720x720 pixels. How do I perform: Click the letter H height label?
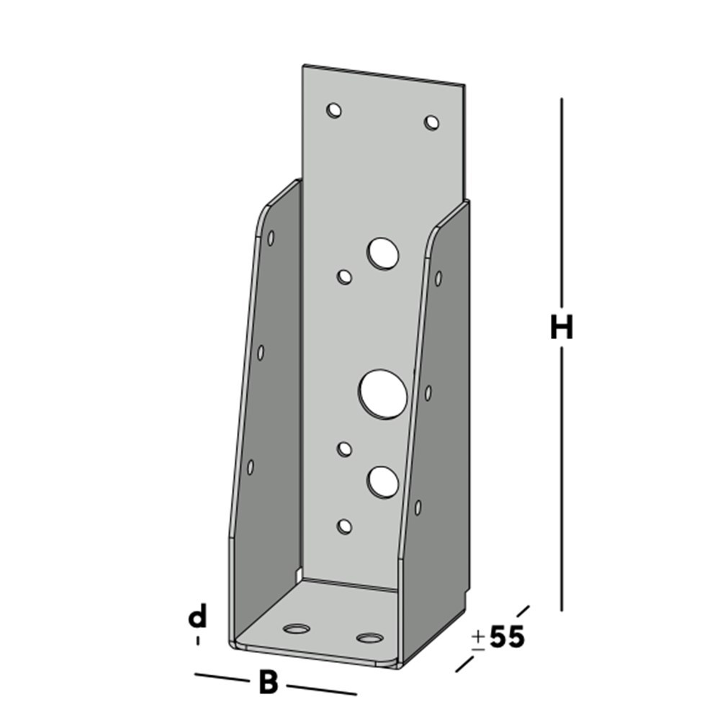tap(562, 328)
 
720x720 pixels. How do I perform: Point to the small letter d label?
tap(197, 617)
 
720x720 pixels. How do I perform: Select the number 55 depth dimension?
tap(507, 637)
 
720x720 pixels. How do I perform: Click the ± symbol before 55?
tap(477, 639)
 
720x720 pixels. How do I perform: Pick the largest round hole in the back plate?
tap(383, 393)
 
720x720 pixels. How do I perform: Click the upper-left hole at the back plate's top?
tap(333, 110)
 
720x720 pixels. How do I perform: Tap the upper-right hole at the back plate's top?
tap(431, 122)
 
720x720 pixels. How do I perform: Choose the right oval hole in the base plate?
tap(370, 638)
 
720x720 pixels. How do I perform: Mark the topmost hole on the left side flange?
tap(271, 237)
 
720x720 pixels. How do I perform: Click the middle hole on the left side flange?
tap(261, 352)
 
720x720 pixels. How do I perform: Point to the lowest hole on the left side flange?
tap(251, 467)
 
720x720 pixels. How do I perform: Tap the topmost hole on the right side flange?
tap(438, 278)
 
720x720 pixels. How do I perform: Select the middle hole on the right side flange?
tap(428, 392)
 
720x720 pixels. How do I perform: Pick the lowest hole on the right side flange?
tap(418, 507)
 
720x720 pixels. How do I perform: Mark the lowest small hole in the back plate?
tap(345, 526)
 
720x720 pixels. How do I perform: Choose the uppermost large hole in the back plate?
tap(383, 253)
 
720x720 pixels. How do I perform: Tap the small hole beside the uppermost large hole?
tap(345, 276)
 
